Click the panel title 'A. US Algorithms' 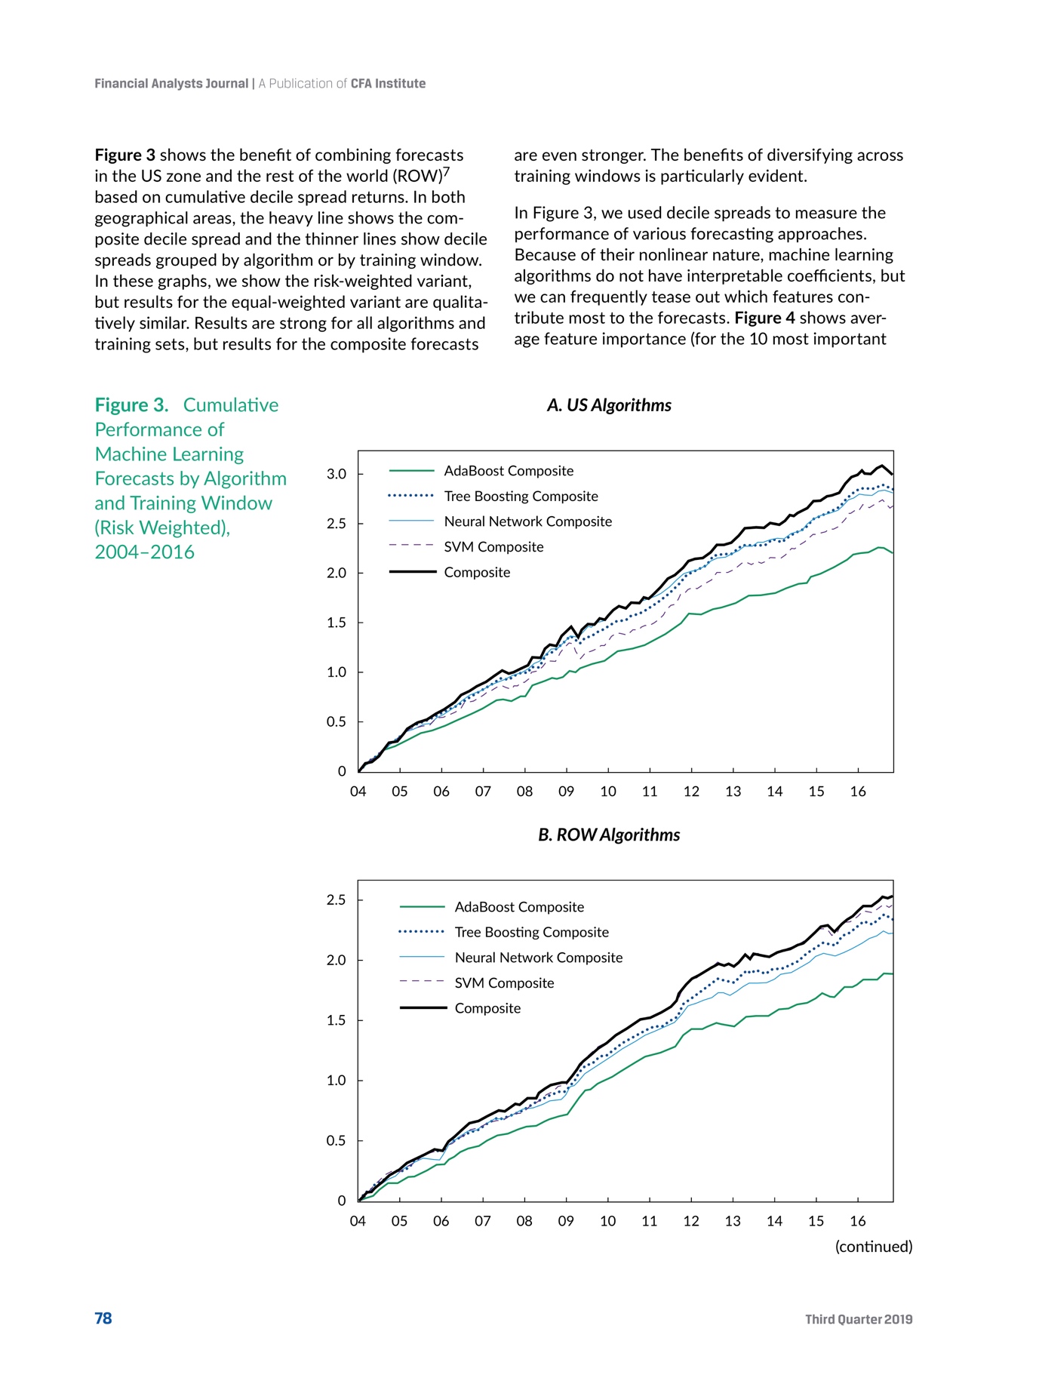[609, 405]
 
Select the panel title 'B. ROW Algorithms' [609, 835]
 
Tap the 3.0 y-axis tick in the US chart [337, 475]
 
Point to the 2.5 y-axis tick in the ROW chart [337, 900]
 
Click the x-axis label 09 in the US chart [566, 792]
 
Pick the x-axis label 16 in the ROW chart [858, 1221]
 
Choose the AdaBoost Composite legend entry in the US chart [509, 471]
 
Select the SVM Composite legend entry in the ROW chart [504, 983]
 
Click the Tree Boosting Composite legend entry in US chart [521, 497]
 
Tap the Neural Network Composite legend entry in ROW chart [538, 958]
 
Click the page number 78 [103, 1318]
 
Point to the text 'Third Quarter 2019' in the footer [859, 1319]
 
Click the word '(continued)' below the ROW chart [874, 1247]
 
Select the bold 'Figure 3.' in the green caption [131, 405]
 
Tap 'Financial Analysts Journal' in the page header [171, 84]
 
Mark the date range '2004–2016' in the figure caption [144, 552]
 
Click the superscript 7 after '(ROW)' [446, 171]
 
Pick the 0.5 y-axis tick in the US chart [337, 722]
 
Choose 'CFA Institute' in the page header [388, 84]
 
